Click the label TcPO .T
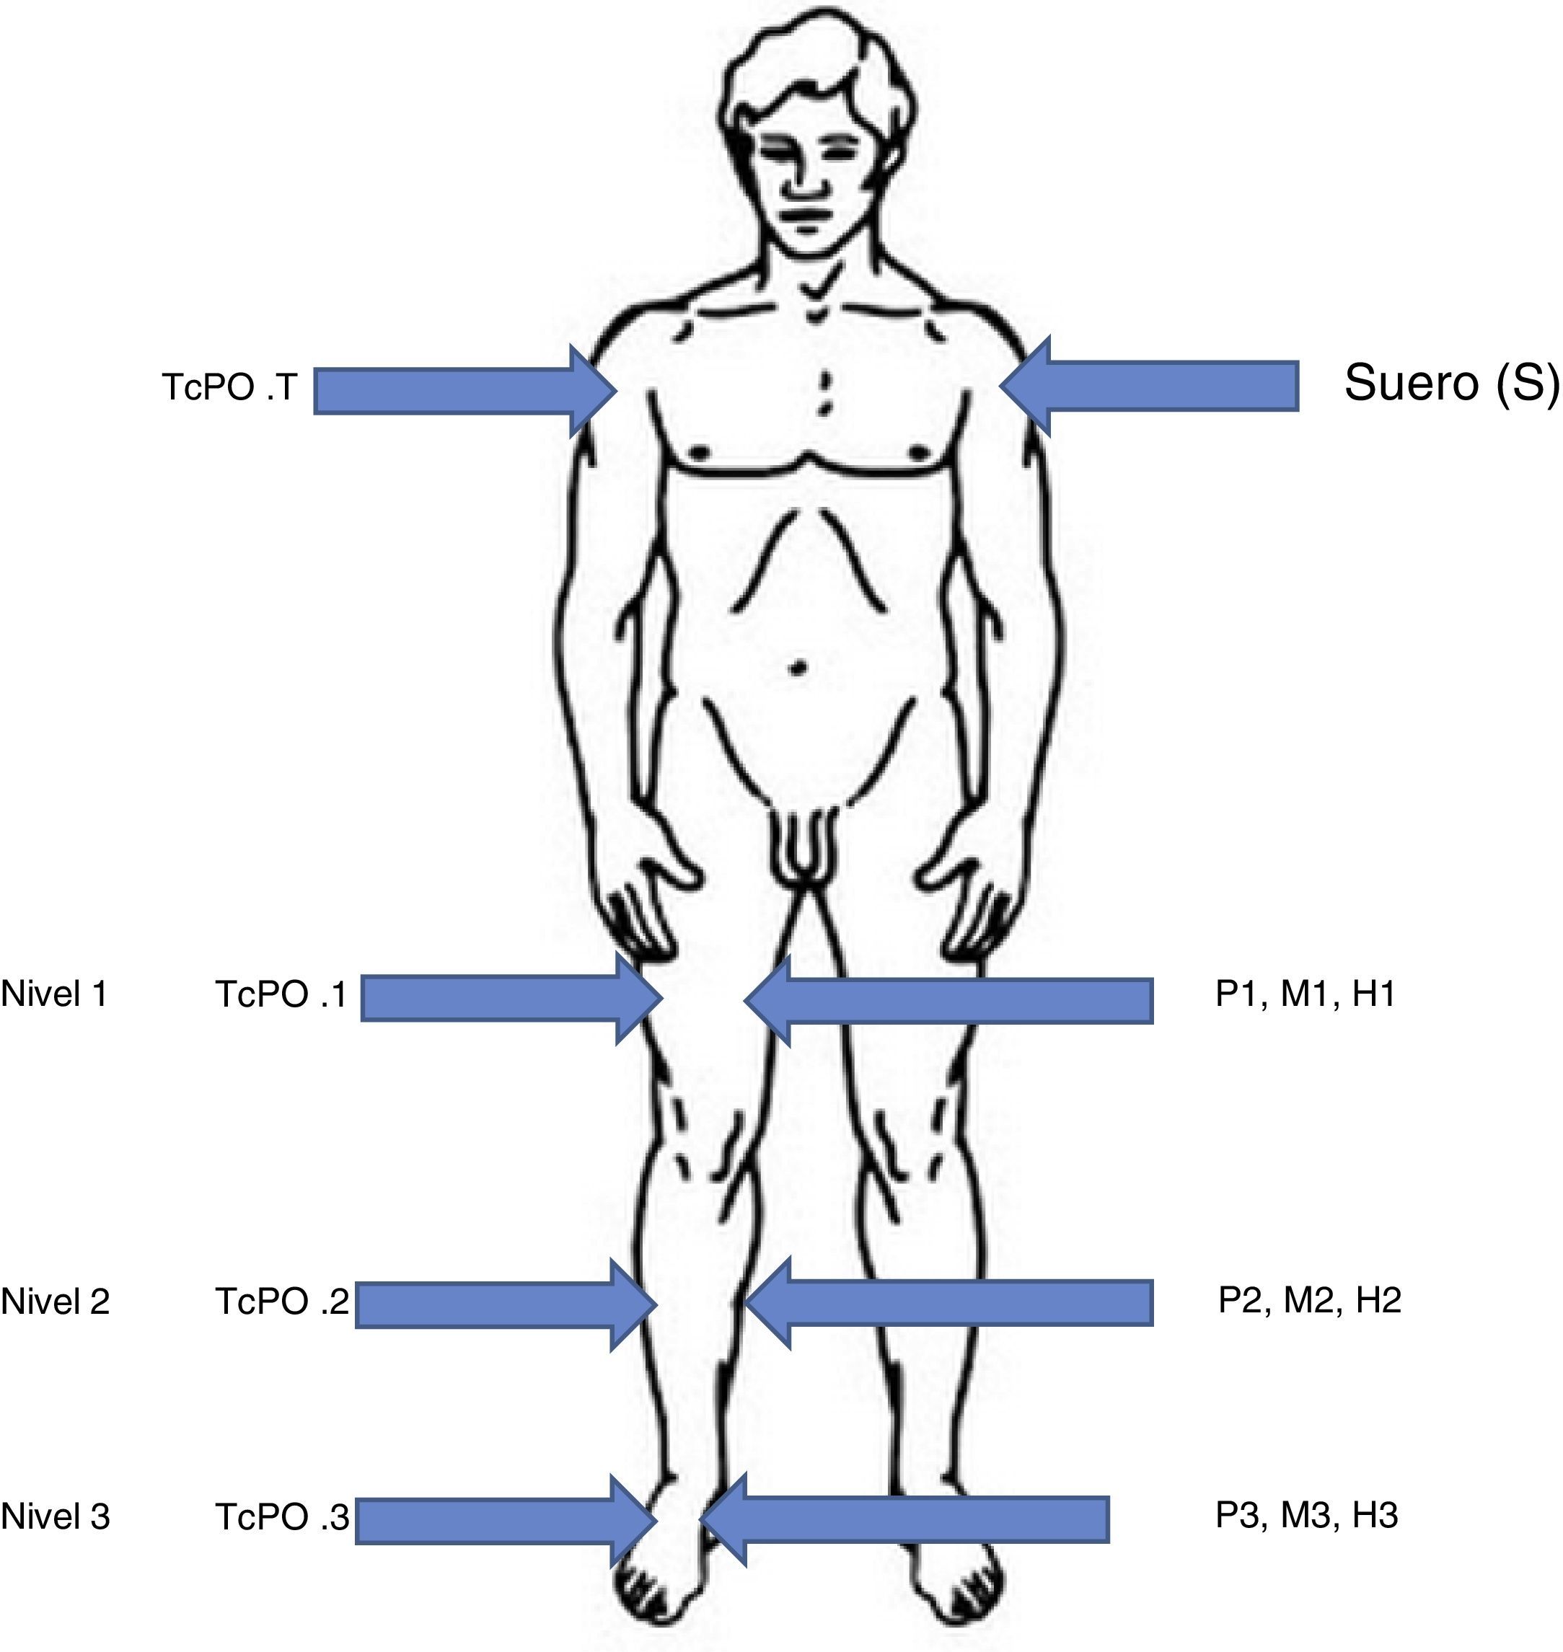[x=229, y=387]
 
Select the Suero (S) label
[x=1450, y=383]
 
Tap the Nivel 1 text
[x=54, y=994]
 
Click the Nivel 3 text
[x=55, y=1516]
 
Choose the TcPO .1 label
[x=281, y=994]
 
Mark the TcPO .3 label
[x=281, y=1517]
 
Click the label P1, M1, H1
[x=1305, y=993]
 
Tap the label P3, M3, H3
[x=1306, y=1514]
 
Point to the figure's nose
[x=803, y=184]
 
